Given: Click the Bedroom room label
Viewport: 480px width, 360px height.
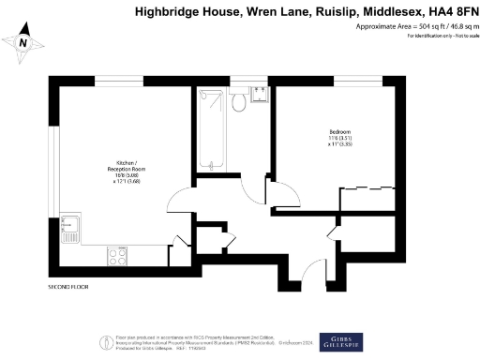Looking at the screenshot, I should point(340,130).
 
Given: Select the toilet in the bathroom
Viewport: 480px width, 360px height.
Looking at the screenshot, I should point(239,100).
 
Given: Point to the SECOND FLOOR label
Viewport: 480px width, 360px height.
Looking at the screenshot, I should point(68,286).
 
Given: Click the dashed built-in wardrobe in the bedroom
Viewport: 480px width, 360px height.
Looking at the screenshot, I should point(366,198).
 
